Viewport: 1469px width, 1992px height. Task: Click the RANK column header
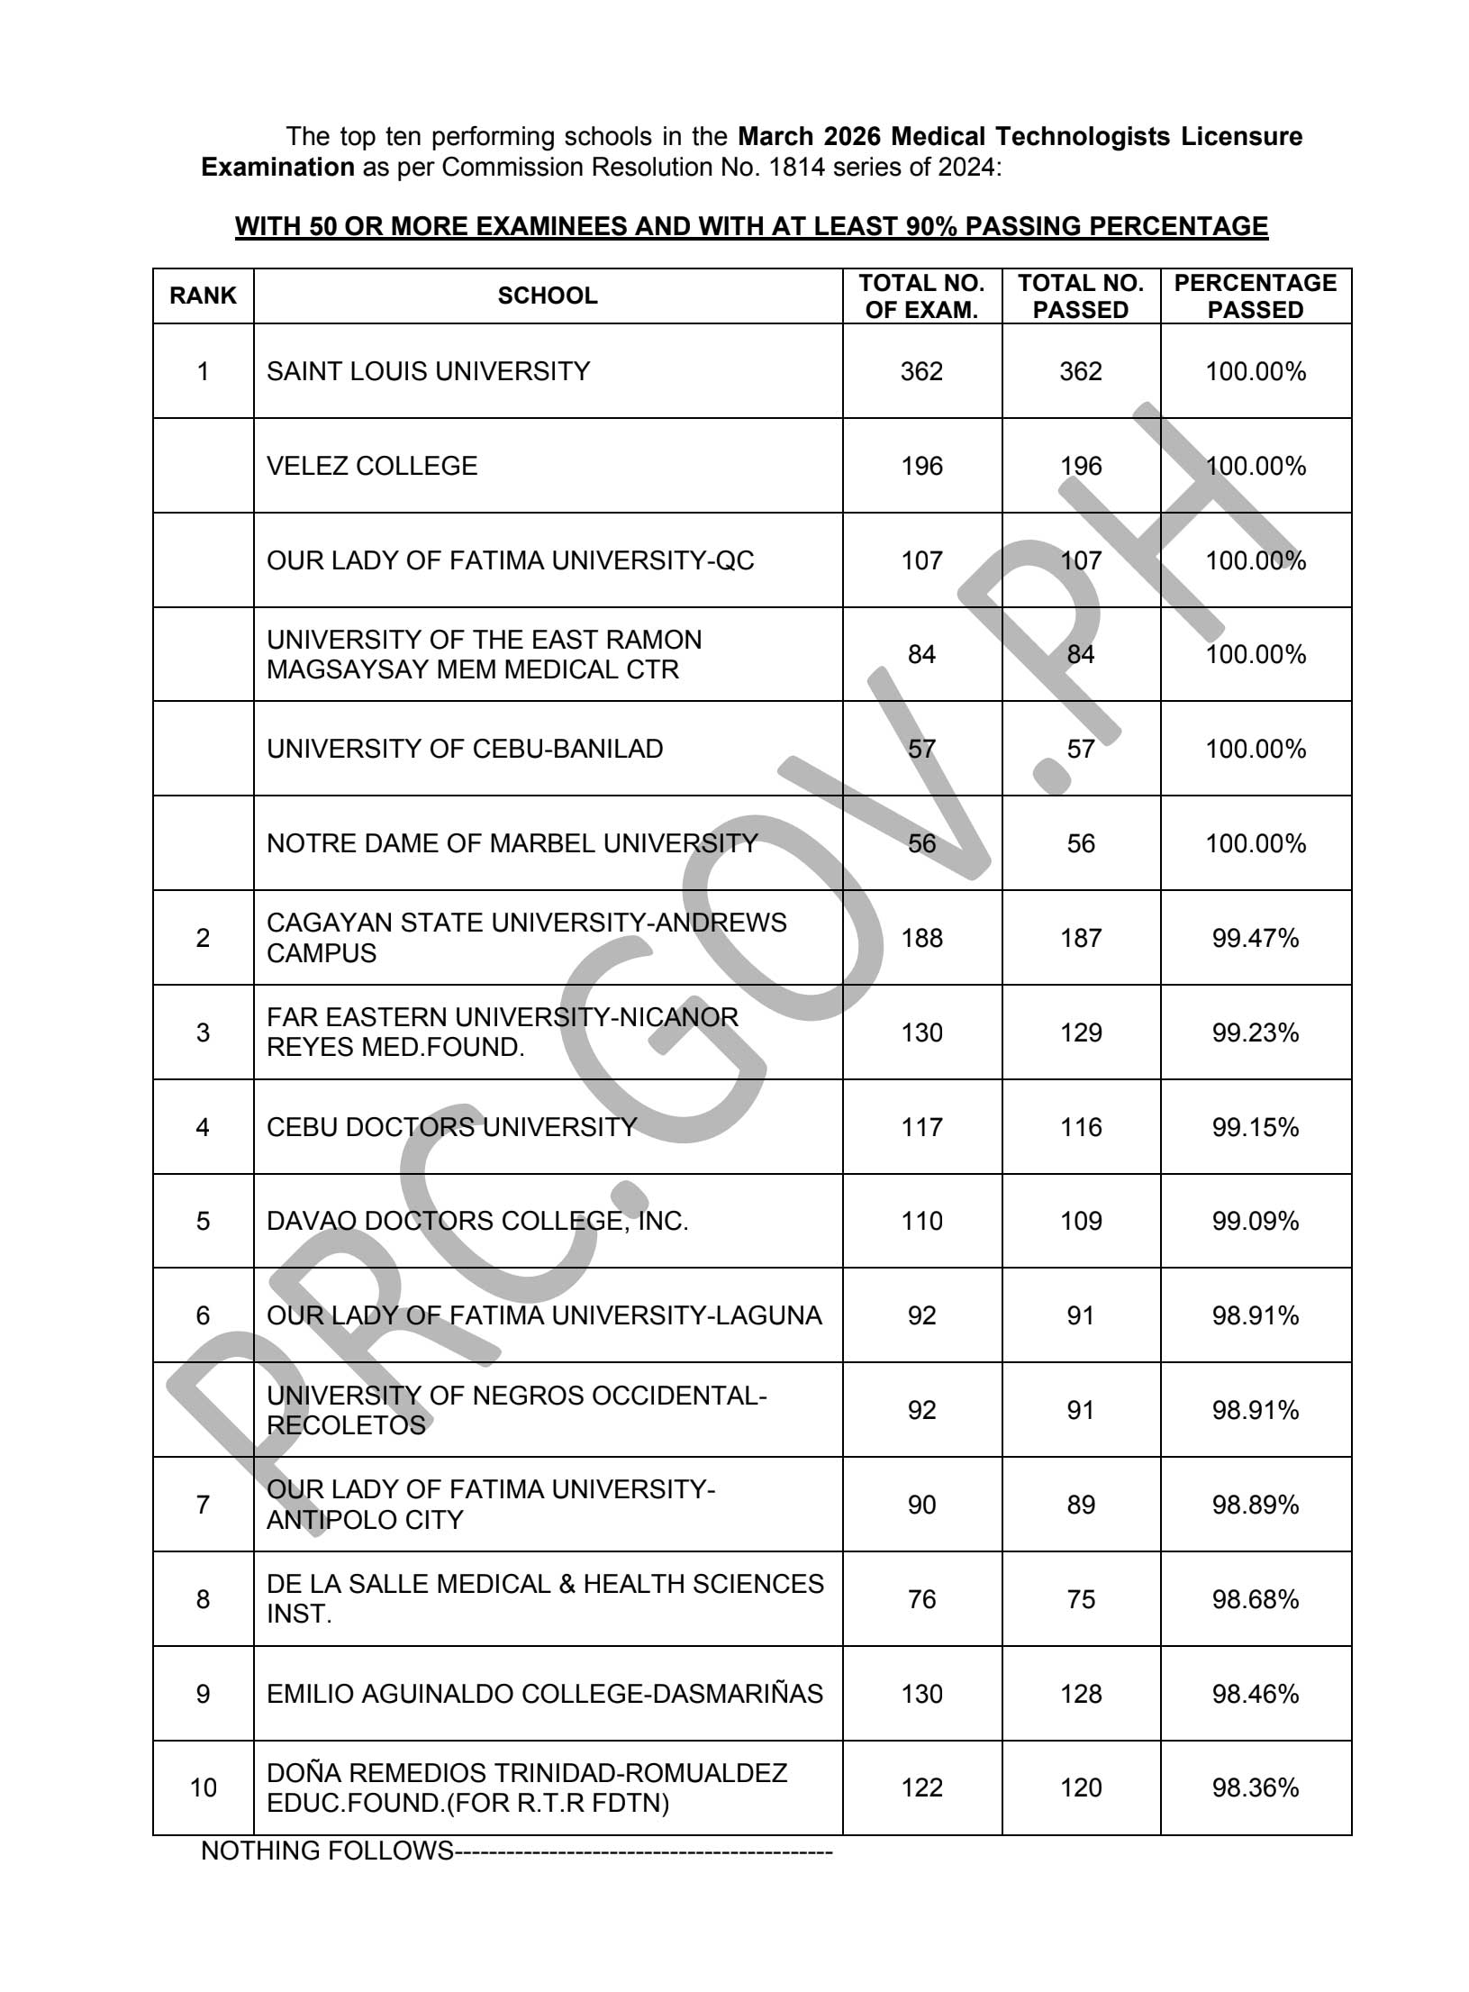(x=203, y=296)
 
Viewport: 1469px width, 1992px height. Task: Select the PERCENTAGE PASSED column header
(x=1255, y=296)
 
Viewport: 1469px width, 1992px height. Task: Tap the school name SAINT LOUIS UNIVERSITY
(x=428, y=371)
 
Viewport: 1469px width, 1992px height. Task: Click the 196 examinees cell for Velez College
(x=921, y=466)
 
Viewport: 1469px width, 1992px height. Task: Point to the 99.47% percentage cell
(x=1255, y=938)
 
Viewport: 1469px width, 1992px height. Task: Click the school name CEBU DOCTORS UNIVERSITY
(x=451, y=1127)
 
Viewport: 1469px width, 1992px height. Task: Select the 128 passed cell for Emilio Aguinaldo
(x=1080, y=1694)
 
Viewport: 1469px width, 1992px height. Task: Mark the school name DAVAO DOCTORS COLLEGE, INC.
(x=477, y=1221)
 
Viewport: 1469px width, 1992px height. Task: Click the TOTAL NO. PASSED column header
(x=1080, y=296)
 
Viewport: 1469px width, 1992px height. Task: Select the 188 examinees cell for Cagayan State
(x=921, y=938)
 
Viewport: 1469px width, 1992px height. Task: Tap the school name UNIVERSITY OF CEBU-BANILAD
(x=465, y=749)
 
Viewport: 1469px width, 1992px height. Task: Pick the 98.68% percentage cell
(x=1255, y=1599)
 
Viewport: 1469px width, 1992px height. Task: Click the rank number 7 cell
(x=203, y=1505)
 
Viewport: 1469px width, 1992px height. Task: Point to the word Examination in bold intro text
(x=277, y=168)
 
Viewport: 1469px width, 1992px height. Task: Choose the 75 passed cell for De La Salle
(x=1080, y=1599)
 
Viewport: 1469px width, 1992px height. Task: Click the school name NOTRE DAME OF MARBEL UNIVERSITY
(x=512, y=843)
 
